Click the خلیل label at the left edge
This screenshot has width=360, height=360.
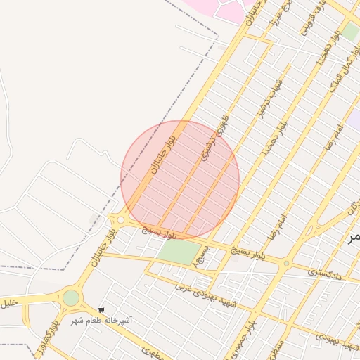pyautogui.click(x=8, y=304)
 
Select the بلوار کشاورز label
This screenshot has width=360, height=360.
pyautogui.click(x=47, y=342)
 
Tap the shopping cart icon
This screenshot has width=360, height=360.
pyautogui.click(x=102, y=310)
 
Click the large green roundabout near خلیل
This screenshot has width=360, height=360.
pyautogui.click(x=71, y=298)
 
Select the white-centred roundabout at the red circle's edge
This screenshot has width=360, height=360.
pyautogui.click(x=121, y=220)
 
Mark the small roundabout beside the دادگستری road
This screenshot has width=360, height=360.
pyautogui.click(x=285, y=264)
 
